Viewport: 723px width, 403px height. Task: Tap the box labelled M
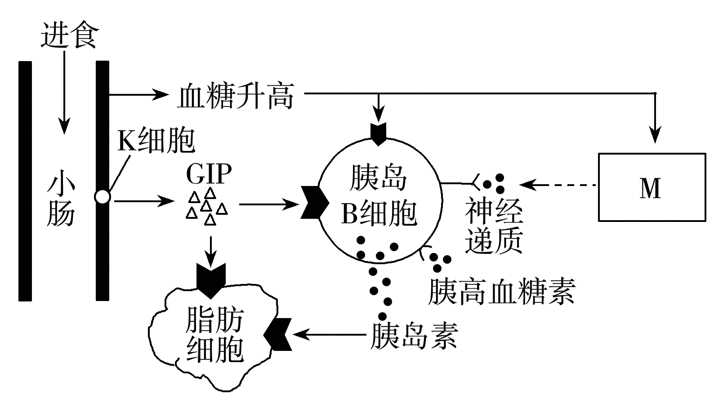[x=652, y=187]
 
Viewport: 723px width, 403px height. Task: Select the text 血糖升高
[x=236, y=96]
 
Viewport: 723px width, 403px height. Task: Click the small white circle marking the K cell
[x=103, y=197]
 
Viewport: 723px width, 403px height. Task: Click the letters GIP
[x=209, y=174]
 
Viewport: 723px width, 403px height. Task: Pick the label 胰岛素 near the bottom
[x=414, y=336]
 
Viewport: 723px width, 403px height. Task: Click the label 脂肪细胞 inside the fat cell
[x=215, y=335]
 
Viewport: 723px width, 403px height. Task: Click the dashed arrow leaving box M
[x=560, y=185]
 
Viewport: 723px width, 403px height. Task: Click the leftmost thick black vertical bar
[x=25, y=181]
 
